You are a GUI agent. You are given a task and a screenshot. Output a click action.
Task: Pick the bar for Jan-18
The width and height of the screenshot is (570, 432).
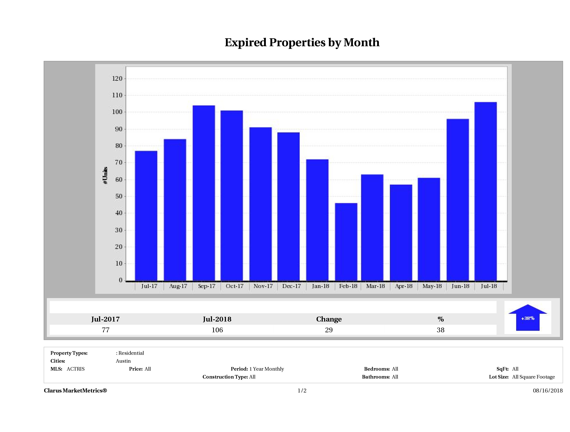coord(317,220)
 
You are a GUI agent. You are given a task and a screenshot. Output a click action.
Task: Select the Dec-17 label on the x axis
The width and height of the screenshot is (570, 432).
coord(291,286)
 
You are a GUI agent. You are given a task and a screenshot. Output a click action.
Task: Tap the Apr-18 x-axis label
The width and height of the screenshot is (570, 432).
coord(404,286)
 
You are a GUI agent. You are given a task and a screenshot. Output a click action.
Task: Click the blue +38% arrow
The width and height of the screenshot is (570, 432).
coord(527,318)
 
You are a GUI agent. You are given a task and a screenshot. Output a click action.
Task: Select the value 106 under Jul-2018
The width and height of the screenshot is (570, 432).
coord(217,330)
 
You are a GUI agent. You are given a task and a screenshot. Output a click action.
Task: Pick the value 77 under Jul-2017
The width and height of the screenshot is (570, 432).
coord(106,330)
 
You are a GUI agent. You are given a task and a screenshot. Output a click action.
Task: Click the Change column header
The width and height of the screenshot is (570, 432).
coord(329,319)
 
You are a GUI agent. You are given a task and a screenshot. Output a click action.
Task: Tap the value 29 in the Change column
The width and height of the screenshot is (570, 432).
coord(329,330)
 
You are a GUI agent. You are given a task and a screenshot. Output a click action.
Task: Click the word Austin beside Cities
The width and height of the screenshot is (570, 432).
coord(123,361)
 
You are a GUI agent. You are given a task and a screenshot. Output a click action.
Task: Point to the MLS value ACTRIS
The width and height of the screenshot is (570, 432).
coord(75,369)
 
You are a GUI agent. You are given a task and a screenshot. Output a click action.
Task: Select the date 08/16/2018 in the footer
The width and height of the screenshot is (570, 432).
coord(548,391)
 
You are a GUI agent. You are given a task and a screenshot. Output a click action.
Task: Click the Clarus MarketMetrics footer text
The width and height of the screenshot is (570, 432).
coord(75,391)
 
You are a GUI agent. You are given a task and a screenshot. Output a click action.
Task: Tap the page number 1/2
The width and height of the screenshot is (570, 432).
coord(302,391)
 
